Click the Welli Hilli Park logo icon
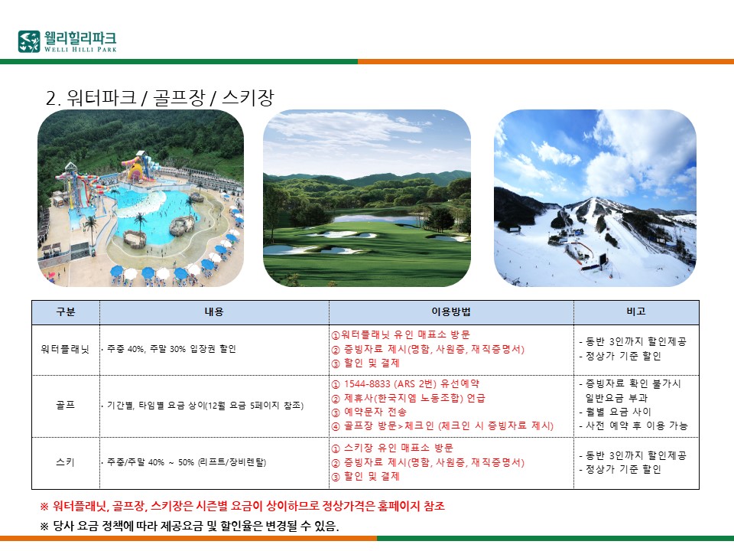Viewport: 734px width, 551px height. (x=29, y=41)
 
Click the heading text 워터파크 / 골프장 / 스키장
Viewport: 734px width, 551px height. (x=171, y=97)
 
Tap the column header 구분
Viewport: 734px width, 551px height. (x=66, y=312)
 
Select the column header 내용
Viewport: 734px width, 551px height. (x=214, y=312)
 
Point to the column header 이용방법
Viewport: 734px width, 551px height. (x=451, y=312)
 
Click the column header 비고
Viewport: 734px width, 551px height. (x=635, y=311)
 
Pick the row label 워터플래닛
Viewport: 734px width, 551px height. (x=65, y=349)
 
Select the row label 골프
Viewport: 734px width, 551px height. (x=66, y=406)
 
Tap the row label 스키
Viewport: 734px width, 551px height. (x=66, y=462)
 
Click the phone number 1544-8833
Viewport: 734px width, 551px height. (x=367, y=384)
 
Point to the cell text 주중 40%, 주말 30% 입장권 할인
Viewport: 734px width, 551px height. (x=171, y=349)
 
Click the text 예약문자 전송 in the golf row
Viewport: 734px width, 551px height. (x=375, y=412)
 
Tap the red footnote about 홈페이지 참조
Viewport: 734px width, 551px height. (x=242, y=507)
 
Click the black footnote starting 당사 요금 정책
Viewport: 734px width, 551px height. (x=190, y=527)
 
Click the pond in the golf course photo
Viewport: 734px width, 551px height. (x=375, y=218)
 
